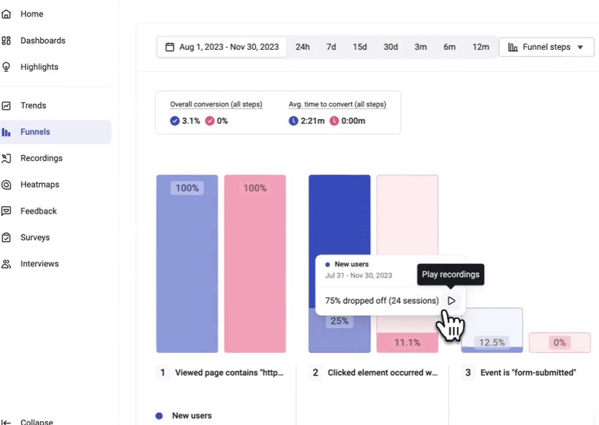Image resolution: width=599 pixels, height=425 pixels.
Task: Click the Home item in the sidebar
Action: coord(31,13)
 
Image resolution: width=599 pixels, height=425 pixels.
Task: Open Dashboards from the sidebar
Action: coord(42,40)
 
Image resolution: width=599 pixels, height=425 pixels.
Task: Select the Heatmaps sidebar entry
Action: coord(39,185)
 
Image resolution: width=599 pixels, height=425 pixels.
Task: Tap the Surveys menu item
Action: coord(34,237)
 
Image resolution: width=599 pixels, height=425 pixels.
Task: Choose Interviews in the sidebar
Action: coord(39,264)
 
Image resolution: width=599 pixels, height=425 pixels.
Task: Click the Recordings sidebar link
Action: coord(41,158)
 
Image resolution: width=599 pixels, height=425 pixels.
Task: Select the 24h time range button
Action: coord(303,47)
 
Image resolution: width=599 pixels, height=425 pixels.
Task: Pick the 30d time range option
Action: coord(390,47)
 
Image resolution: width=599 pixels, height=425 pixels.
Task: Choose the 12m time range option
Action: coord(481,47)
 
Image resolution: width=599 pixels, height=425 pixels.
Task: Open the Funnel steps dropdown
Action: coord(546,47)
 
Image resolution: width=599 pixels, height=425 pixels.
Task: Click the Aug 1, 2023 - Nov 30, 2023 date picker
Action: coord(222,47)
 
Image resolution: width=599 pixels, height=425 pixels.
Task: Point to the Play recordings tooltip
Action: coord(450,274)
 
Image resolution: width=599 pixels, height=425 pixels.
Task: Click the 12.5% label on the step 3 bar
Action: coord(492,343)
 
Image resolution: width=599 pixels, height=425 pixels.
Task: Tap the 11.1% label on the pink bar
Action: coord(407,343)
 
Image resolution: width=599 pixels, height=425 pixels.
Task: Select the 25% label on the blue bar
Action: coord(339,321)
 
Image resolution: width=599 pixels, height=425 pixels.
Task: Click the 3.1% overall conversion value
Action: coord(191,121)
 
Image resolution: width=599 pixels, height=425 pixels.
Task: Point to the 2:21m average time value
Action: coord(312,121)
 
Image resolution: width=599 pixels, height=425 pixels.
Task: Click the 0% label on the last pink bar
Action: coord(560,343)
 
